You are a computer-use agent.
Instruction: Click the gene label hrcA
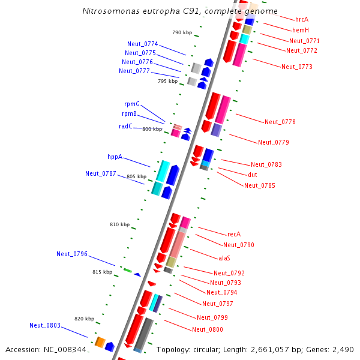pos(302,20)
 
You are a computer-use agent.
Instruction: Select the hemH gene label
pos(301,30)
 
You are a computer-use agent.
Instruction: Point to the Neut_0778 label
pos(280,122)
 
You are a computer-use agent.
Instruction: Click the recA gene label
pos(233,234)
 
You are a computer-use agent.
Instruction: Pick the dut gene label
pos(253,175)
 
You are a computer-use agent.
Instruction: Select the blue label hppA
pos(115,157)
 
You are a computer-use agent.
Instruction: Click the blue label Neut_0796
pos(72,254)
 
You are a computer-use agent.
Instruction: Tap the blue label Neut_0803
pos(45,325)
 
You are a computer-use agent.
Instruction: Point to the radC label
pos(125,126)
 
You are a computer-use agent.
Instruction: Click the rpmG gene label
pos(132,104)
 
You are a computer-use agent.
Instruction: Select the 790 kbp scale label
pos(181,32)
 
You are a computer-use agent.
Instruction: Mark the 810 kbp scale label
pos(119,224)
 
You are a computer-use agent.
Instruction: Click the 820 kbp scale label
pos(84,319)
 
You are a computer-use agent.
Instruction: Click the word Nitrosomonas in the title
pos(106,11)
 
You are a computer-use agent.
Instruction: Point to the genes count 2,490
pos(343,349)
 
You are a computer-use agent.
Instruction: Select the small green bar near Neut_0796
pos(128,271)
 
